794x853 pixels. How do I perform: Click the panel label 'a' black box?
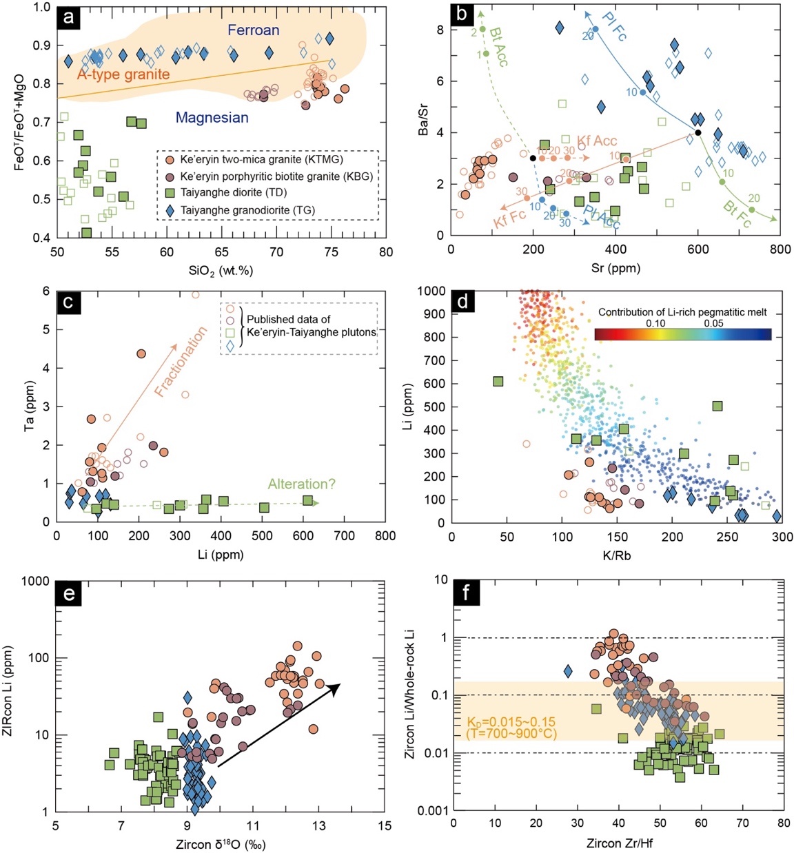pos(68,17)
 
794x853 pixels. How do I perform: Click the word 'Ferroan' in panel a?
pos(254,30)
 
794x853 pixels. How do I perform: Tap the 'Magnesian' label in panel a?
pos(212,118)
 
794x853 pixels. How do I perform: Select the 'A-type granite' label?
pos(123,74)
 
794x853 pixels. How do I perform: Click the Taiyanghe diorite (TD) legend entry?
pos(233,192)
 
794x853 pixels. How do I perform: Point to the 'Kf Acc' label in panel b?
pos(597,141)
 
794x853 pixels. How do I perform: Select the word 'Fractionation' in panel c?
pos(181,362)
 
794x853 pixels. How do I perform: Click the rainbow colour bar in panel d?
pos(682,334)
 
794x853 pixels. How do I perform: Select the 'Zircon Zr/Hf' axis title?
pos(618,844)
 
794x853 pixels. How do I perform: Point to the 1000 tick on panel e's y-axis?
pos(37,581)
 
